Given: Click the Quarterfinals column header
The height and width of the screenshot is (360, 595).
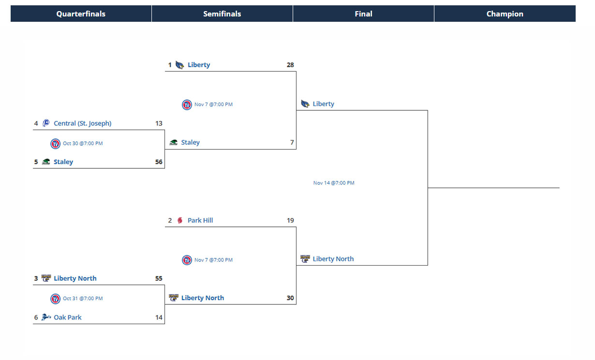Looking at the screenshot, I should coord(81,14).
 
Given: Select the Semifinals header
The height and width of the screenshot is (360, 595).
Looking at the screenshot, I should coord(222,14).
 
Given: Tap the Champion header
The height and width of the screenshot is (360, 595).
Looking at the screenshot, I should coord(505,14).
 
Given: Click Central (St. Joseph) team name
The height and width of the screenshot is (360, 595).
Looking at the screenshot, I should coord(82,123).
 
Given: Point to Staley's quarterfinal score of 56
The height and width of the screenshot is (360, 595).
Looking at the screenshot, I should coord(159,162).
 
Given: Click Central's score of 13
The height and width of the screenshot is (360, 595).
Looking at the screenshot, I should coord(159,123).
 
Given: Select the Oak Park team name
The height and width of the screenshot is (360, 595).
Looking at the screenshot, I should coord(67,317).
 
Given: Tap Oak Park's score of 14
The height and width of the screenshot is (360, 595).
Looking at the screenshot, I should coord(159,317).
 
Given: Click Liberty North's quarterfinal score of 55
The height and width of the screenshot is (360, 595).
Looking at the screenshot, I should coord(159,279).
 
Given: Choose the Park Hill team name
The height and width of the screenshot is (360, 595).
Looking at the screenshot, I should coord(200,221).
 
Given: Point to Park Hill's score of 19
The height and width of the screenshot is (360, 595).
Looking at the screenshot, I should coord(290,221).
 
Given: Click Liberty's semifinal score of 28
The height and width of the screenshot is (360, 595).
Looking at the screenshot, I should coord(290,65).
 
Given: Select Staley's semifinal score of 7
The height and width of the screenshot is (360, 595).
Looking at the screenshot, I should coord(292,143).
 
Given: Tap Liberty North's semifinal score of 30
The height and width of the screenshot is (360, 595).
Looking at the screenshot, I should coord(290,298).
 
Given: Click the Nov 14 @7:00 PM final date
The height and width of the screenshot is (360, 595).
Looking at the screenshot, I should coord(334,183).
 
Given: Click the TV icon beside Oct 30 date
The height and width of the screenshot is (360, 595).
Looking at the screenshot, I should coord(56,144).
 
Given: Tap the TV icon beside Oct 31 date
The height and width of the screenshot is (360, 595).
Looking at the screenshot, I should coord(56,299).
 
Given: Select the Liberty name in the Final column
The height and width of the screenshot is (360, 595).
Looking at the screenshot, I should coord(323,104).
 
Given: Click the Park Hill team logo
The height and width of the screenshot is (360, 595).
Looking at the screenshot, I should coord(180,221).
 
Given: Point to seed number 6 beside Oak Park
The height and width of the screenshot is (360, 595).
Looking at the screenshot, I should coord(36,317).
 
